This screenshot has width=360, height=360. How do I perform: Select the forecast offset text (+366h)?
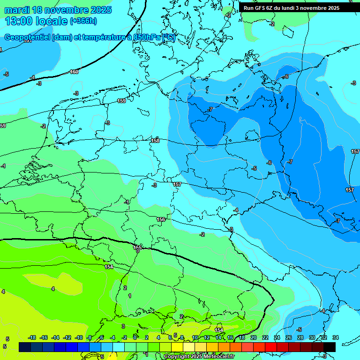(83, 21)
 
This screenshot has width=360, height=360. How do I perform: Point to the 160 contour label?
(74, 72)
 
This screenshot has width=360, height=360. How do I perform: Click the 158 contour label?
(155, 141)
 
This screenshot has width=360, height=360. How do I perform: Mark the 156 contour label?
(161, 219)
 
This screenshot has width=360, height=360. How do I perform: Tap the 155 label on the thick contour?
(137, 247)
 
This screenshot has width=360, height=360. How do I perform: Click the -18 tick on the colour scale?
(32, 337)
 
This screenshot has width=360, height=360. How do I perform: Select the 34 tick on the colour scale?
(335, 337)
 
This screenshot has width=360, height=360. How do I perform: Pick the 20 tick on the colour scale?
(253, 337)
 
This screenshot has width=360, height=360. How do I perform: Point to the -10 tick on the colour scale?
(79, 337)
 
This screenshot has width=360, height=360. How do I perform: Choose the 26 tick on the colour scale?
(288, 337)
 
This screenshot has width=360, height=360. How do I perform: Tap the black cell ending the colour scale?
(329, 347)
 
